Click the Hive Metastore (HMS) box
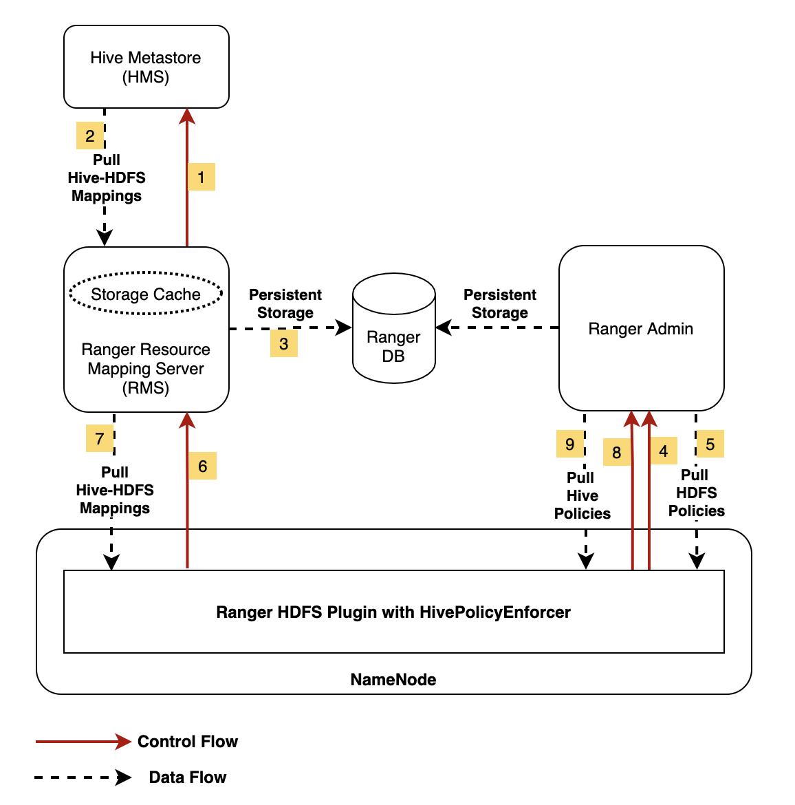[146, 67]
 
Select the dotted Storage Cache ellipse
[146, 294]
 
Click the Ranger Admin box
[641, 328]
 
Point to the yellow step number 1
[201, 177]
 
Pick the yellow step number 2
[90, 136]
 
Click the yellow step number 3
[283, 343]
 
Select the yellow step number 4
[663, 451]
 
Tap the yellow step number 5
[710, 444]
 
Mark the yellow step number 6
[202, 466]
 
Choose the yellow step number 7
[100, 438]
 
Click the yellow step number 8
[616, 452]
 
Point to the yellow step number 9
[569, 444]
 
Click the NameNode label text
[393, 680]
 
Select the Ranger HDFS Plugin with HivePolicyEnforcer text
[393, 612]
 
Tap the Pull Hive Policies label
[582, 495]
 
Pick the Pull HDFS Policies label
[696, 493]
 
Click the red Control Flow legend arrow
[83, 741]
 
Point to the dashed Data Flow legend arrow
[83, 777]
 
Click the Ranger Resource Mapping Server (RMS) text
[146, 369]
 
